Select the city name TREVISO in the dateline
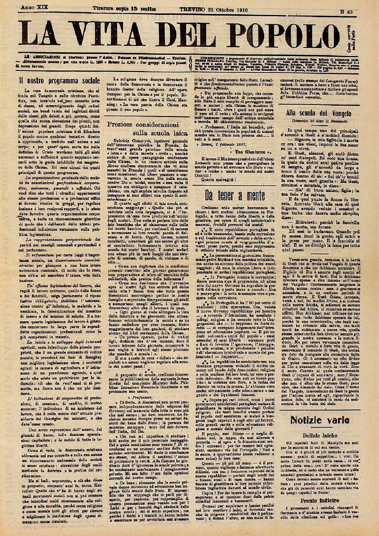[192, 9]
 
